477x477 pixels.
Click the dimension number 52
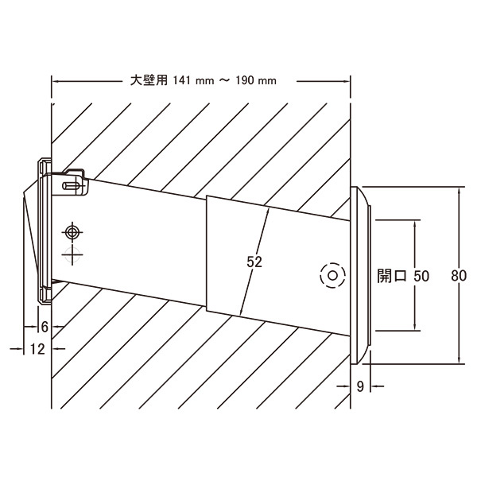click(254, 262)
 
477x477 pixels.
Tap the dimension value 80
click(459, 276)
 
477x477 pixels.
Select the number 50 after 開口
click(421, 276)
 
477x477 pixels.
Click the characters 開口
click(392, 276)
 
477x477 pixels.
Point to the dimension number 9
click(360, 386)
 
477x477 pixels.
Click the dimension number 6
click(45, 327)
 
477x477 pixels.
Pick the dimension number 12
click(37, 349)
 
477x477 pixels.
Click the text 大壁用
click(149, 80)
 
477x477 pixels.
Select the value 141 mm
click(193, 80)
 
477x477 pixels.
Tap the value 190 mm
click(256, 80)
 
